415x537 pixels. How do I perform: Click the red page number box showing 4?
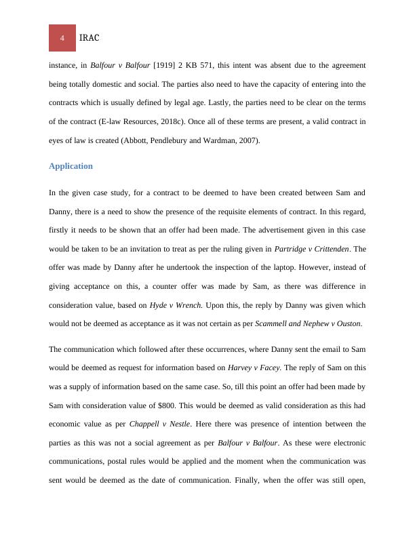pyautogui.click(x=62, y=38)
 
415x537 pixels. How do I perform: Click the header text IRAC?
pyautogui.click(x=90, y=38)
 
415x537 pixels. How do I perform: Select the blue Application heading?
pyautogui.click(x=71, y=166)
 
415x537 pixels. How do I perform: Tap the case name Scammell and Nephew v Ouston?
pyautogui.click(x=308, y=324)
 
